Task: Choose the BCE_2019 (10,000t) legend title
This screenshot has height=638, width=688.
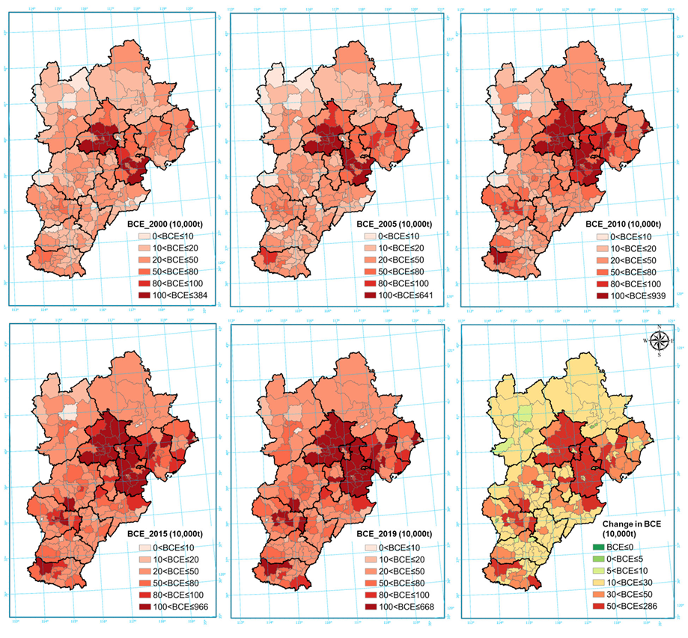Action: pos(401,535)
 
